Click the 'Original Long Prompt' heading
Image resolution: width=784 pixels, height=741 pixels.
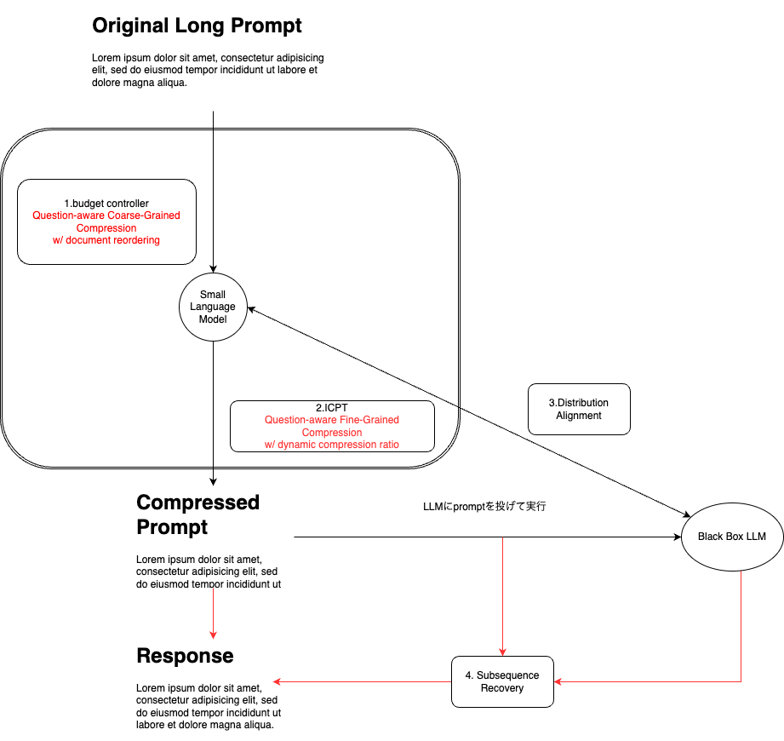[197, 26]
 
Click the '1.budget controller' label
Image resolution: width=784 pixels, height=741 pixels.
[106, 204]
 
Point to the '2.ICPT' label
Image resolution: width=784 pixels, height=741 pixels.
[331, 408]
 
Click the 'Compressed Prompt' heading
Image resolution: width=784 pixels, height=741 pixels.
[198, 514]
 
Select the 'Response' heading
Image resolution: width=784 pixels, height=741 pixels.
[185, 656]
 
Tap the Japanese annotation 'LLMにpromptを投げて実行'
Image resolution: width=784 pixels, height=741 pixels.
[484, 506]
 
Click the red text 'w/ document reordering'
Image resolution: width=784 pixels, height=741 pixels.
[106, 240]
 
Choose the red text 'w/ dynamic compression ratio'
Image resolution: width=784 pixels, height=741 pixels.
[332, 445]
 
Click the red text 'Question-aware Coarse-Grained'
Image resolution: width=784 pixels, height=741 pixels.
[106, 215]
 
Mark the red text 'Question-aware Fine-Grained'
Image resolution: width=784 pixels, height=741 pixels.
[332, 420]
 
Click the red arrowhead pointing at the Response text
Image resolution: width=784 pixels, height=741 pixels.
[277, 681]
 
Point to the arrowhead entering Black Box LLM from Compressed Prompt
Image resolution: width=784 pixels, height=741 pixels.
[678, 537]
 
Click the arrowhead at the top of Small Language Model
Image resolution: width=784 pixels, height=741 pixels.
[213, 269]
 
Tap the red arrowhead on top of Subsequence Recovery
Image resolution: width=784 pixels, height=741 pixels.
[502, 652]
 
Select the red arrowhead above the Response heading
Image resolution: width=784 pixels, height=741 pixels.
[213, 635]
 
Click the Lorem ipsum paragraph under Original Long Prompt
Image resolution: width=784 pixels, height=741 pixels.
[208, 70]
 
